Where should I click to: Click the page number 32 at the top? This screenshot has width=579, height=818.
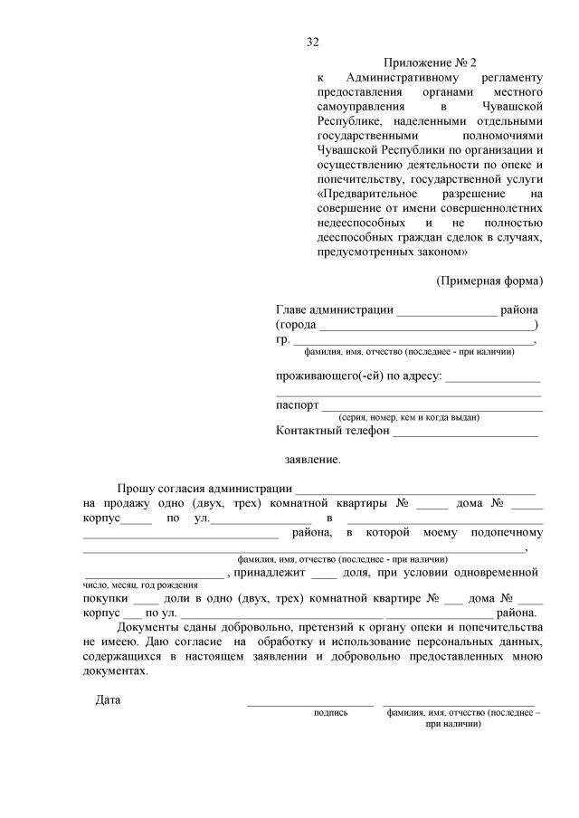tap(313, 42)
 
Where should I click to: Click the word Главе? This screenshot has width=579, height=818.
tap(293, 309)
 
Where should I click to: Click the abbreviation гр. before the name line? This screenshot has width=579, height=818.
tap(281, 339)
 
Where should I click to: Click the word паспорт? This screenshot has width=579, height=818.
tap(298, 404)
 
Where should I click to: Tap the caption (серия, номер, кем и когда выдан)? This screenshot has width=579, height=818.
tap(409, 417)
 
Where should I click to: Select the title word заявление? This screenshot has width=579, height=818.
tap(312, 460)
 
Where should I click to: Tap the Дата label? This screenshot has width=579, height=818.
tap(108, 699)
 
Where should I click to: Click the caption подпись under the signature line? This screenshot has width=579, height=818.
tap(330, 713)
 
